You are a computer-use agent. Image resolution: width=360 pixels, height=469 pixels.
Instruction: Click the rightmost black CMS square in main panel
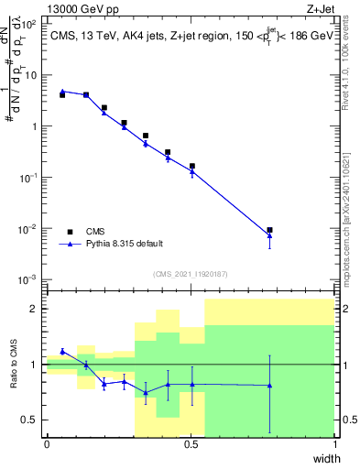tap(269, 230)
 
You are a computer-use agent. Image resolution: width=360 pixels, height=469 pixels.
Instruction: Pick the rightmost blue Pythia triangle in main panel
tap(269, 236)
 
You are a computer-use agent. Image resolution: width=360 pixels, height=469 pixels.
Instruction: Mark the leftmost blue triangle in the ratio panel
tap(62, 351)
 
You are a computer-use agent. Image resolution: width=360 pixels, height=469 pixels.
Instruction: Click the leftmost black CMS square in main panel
tap(62, 94)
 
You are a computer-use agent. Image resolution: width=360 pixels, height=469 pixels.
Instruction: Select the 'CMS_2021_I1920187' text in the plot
tap(190, 273)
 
